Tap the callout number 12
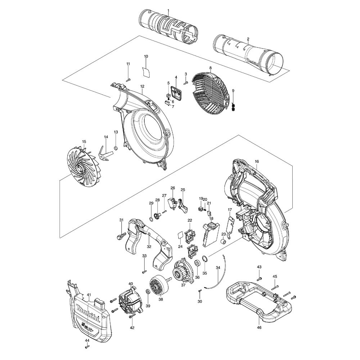coord(142,86)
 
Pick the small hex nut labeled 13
coord(116,148)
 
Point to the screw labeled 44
coord(87,347)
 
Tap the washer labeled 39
coord(148,291)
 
